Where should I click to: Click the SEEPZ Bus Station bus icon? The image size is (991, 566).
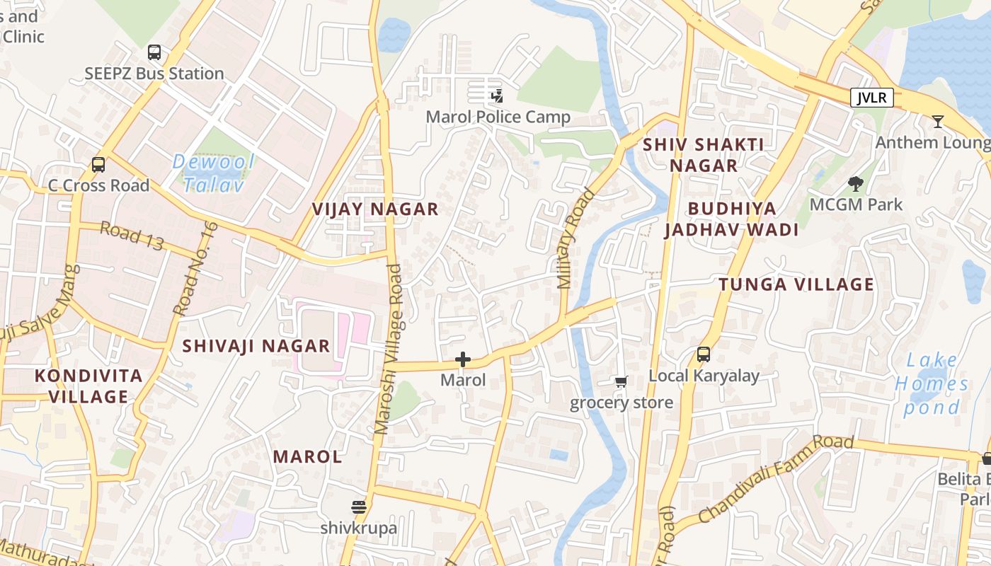pyautogui.click(x=154, y=52)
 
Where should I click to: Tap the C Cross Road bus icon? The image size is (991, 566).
pyautogui.click(x=98, y=165)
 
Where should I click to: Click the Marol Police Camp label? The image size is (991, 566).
pyautogui.click(x=498, y=117)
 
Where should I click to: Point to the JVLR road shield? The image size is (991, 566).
pyautogui.click(x=871, y=98)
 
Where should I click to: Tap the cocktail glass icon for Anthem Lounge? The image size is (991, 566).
pyautogui.click(x=938, y=122)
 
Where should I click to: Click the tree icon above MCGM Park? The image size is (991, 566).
pyautogui.click(x=856, y=184)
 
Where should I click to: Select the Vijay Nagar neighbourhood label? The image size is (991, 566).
pyautogui.click(x=375, y=209)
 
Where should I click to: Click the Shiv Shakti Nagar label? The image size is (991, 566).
pyautogui.click(x=703, y=155)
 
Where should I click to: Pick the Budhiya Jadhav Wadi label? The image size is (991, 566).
pyautogui.click(x=731, y=219)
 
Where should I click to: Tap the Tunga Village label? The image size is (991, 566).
pyautogui.click(x=796, y=285)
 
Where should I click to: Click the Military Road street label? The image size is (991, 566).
pyautogui.click(x=575, y=238)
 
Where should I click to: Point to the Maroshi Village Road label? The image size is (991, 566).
pyautogui.click(x=388, y=350)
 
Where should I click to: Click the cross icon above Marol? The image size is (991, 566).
pyautogui.click(x=463, y=359)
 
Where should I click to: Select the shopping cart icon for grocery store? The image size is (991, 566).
pyautogui.click(x=621, y=382)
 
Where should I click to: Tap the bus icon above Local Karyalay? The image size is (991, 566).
pyautogui.click(x=704, y=354)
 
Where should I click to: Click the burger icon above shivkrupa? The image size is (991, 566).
pyautogui.click(x=359, y=507)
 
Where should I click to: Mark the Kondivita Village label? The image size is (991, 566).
pyautogui.click(x=88, y=386)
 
